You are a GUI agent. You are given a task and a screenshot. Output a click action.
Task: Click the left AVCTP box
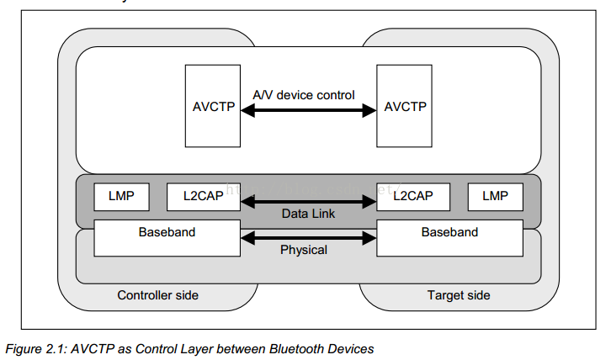[213, 106]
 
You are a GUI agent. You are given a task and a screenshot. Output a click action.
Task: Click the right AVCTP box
[405, 106]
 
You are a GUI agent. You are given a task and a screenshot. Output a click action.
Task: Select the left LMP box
[121, 196]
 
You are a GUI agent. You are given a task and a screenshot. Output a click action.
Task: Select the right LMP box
[495, 196]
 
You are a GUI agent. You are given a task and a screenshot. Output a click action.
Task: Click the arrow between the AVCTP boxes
[309, 109]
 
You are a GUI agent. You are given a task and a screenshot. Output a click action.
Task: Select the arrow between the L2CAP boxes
[309, 201]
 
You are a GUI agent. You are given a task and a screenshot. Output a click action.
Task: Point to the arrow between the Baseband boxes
[309, 239]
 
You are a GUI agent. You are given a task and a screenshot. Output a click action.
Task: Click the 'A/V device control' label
[304, 95]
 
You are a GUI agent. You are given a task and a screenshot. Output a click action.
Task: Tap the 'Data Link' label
[308, 214]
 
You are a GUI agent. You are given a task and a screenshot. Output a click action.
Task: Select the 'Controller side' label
[158, 295]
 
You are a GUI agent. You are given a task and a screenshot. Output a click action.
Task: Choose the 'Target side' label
[458, 295]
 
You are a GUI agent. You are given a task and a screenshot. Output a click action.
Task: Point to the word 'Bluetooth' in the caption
[287, 347]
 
